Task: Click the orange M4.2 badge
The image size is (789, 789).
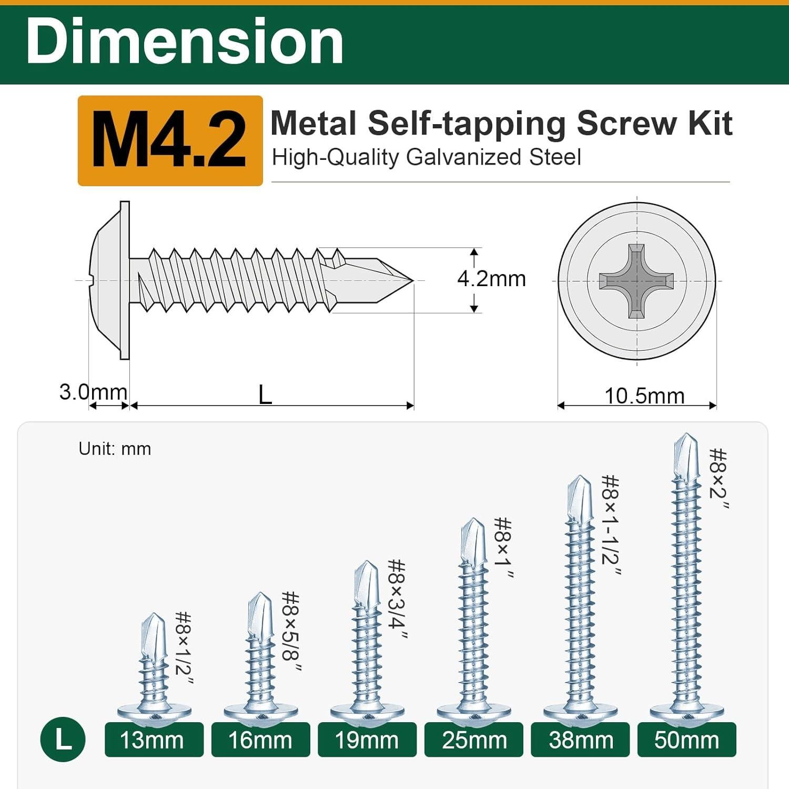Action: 169,140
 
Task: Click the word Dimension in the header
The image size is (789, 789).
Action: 185,42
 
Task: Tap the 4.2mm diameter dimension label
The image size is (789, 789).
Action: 491,279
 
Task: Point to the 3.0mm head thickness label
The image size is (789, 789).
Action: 93,392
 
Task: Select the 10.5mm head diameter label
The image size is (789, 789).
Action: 644,396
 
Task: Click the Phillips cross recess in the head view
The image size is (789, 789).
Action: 636,281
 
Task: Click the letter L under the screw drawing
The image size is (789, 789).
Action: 265,394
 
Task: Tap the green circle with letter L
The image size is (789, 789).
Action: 63,739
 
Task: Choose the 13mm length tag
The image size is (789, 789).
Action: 154,740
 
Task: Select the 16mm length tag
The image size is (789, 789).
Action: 260,740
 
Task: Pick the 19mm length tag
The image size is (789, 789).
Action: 367,740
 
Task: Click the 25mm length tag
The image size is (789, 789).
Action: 473,740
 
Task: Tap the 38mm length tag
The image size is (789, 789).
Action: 580,740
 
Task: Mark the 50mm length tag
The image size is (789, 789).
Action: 686,740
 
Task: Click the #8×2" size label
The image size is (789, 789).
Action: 718,479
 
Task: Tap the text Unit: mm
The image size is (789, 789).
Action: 115,449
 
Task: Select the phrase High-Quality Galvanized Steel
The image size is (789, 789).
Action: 426,157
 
